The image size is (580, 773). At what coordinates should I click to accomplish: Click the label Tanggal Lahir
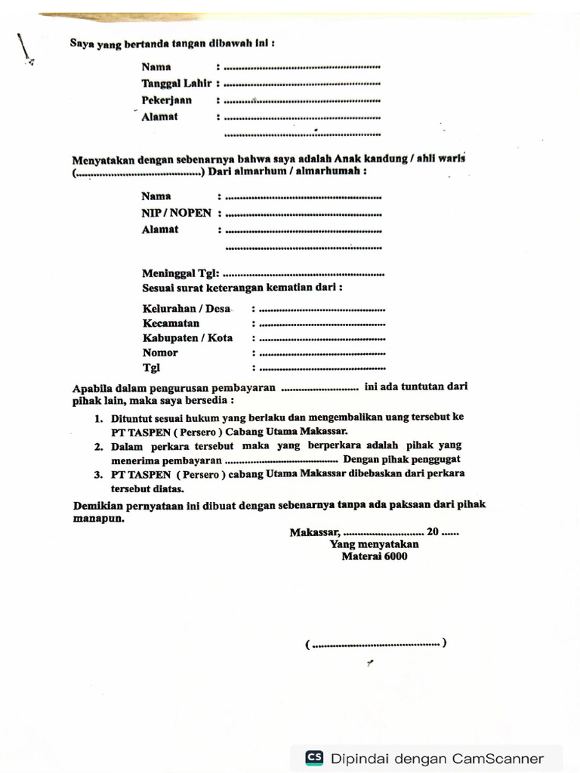click(x=177, y=84)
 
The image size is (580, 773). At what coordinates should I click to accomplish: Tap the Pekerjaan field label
click(x=166, y=100)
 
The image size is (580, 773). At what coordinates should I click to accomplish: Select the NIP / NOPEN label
click(x=177, y=214)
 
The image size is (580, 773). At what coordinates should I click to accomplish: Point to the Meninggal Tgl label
click(x=180, y=273)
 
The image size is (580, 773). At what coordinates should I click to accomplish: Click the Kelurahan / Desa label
click(x=187, y=309)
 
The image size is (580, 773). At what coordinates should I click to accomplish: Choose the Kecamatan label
click(x=171, y=323)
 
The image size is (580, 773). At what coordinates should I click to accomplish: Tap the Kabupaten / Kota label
click(x=188, y=338)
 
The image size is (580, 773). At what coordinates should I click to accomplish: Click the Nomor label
click(x=160, y=353)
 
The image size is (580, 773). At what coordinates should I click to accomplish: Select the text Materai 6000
click(x=374, y=556)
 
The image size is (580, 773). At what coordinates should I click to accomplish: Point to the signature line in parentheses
click(x=375, y=645)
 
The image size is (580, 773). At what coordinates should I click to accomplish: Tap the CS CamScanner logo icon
click(x=314, y=759)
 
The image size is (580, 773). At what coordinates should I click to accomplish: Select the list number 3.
click(x=98, y=475)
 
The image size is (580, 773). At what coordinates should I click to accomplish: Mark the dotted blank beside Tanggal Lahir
click(x=302, y=85)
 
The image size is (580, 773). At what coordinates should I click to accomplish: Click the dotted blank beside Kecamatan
click(x=322, y=324)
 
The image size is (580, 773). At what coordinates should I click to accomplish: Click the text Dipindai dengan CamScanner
click(x=437, y=759)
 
